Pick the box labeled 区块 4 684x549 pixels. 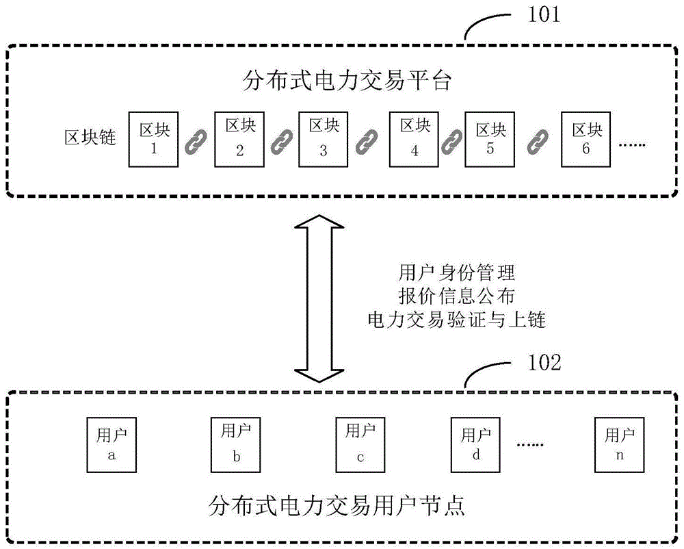coord(414,139)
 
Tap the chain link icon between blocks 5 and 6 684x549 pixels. coord(538,141)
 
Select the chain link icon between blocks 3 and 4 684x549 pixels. coord(367,141)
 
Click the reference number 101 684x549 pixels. coord(540,16)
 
